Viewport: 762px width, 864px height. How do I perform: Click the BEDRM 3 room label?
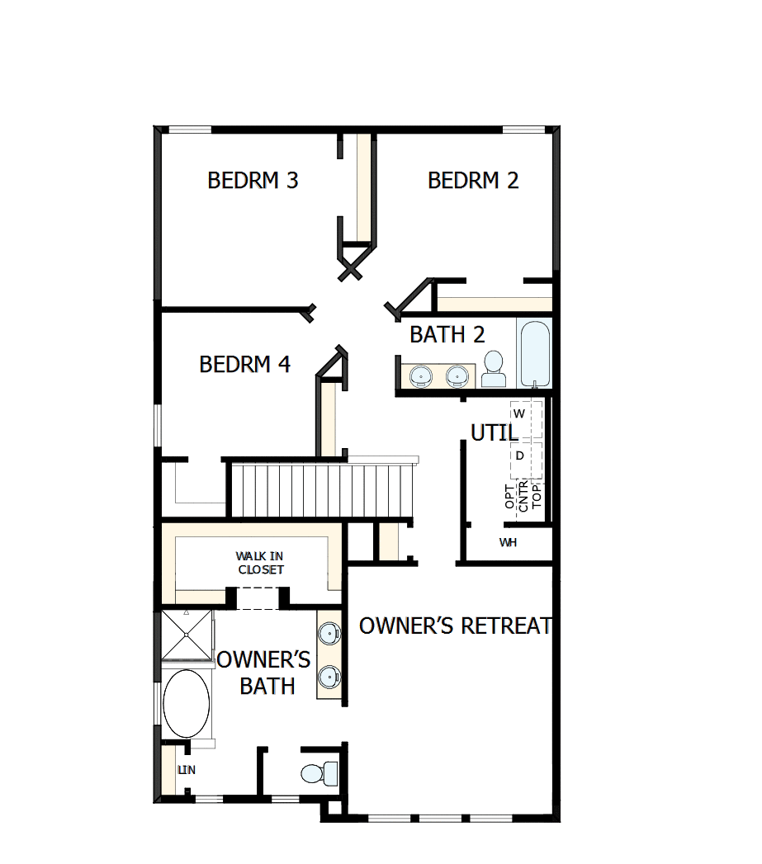253,180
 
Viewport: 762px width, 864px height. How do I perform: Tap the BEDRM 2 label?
473,180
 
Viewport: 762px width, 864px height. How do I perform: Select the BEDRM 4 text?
245,364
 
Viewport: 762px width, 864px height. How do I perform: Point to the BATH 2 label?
447,334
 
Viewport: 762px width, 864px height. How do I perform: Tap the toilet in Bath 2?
494,369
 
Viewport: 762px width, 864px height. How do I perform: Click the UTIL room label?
495,432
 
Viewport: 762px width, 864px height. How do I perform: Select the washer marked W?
519,413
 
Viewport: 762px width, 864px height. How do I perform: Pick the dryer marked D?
519,456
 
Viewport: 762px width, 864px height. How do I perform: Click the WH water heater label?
508,542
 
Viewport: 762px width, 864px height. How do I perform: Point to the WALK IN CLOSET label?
260,563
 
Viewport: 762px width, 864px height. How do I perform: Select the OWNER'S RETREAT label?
455,626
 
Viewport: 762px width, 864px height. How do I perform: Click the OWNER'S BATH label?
265,673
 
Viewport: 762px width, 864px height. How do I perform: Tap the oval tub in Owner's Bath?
187,703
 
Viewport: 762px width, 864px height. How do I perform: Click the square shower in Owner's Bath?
187,635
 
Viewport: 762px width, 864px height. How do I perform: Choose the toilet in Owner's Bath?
319,773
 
